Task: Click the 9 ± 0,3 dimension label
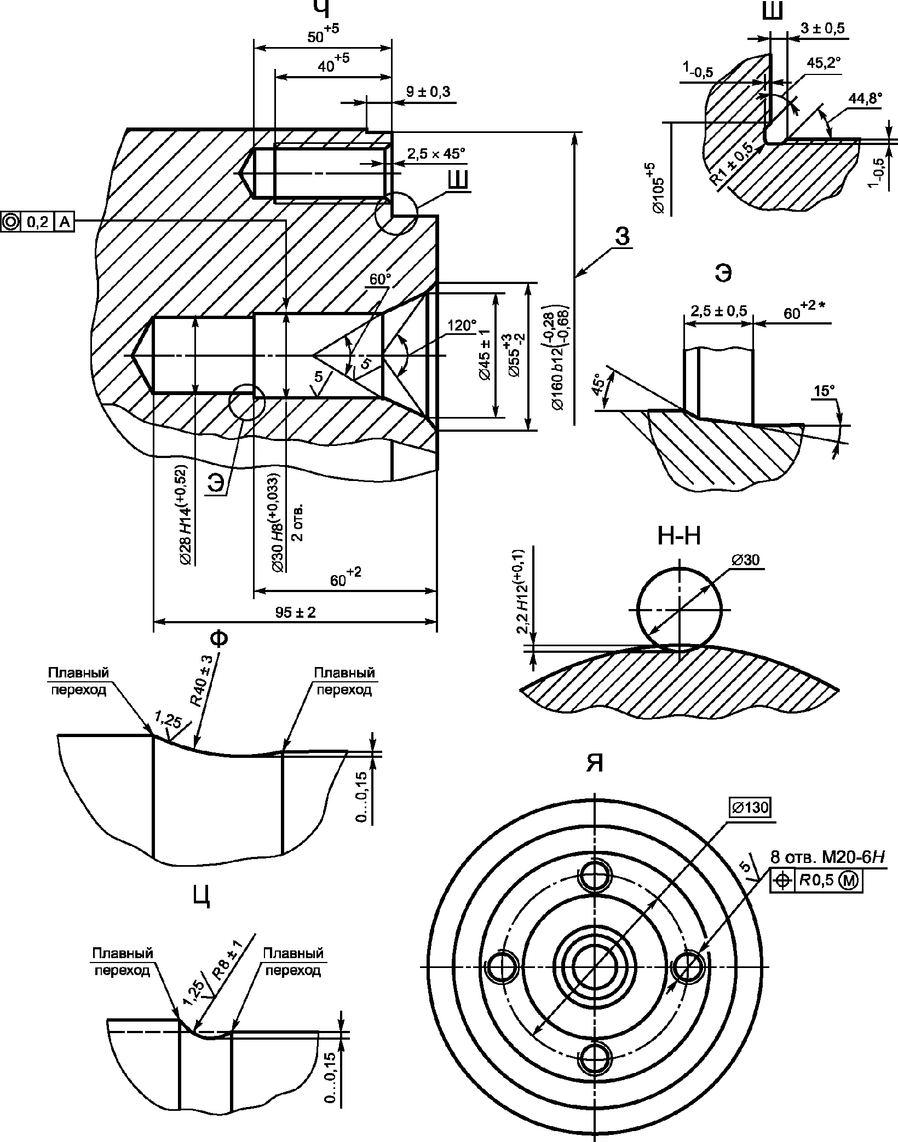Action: (428, 92)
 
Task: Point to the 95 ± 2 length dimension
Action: (296, 612)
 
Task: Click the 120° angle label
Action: (462, 326)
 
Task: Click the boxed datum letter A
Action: (64, 222)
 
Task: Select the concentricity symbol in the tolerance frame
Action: (10, 222)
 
